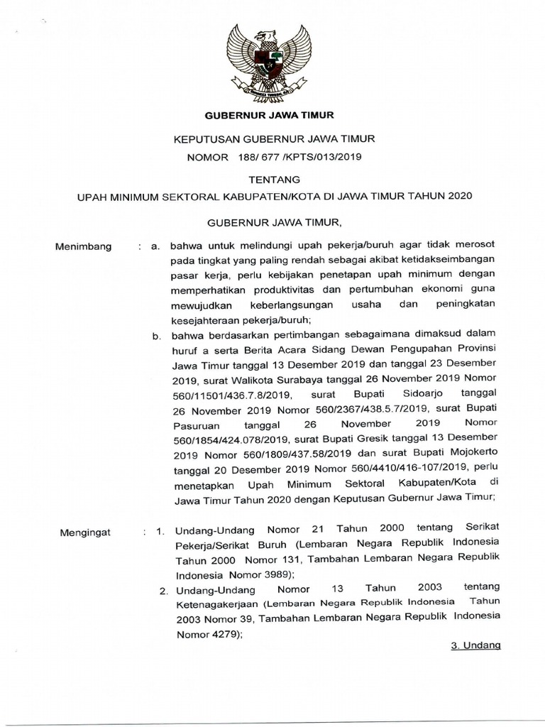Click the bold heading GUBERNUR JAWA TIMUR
270,114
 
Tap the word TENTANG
273,180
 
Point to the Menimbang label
83,246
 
